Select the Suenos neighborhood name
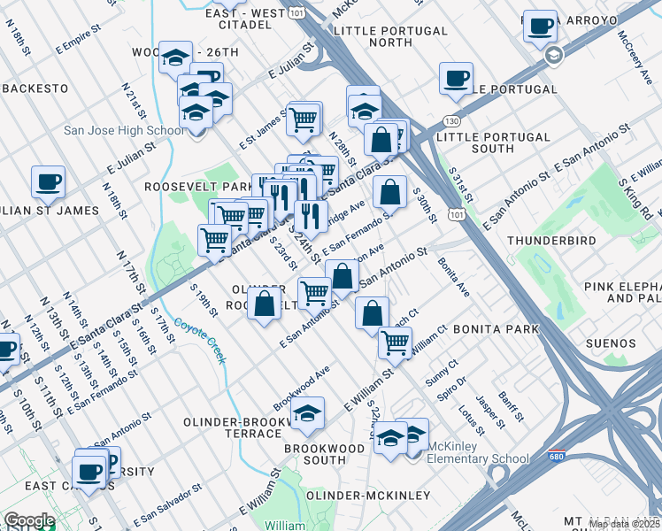(x=610, y=343)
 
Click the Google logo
(x=29, y=520)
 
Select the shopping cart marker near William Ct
(x=395, y=342)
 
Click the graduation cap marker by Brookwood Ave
(x=307, y=415)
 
